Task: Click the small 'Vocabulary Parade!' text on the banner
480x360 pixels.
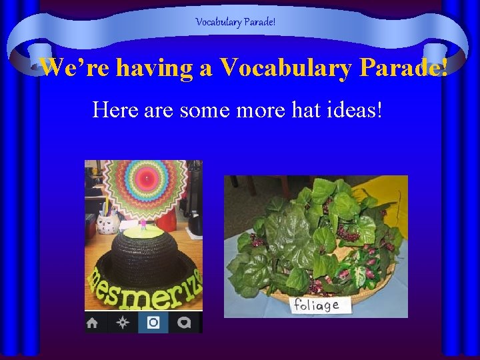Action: [235, 22]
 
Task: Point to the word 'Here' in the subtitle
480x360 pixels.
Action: [117, 108]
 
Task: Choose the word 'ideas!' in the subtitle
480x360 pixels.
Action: [357, 108]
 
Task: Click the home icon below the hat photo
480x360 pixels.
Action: [93, 323]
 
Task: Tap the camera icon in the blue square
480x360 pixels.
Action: [153, 323]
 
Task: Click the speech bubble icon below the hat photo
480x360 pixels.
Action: [184, 323]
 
